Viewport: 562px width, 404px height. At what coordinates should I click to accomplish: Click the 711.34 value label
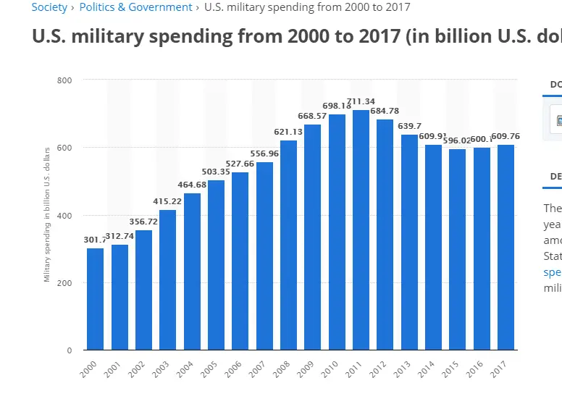coord(361,101)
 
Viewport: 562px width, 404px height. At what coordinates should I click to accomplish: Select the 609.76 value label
coord(506,136)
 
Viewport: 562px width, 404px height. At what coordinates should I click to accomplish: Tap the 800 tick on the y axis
coord(65,80)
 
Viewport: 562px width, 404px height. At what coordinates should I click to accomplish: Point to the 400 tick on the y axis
coord(65,215)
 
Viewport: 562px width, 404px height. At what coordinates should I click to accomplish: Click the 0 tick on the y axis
coord(70,350)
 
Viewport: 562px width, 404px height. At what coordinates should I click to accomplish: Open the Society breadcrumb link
coord(49,7)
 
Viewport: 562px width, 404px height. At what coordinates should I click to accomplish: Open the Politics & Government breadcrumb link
coord(135,7)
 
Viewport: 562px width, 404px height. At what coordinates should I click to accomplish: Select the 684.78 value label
coord(385,111)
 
